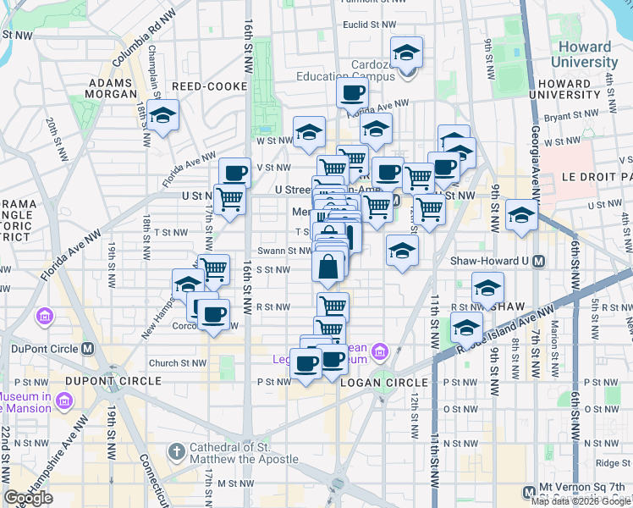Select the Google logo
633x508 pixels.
click(x=29, y=498)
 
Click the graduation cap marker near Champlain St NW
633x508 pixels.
click(x=162, y=115)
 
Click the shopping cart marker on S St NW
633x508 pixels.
click(x=213, y=268)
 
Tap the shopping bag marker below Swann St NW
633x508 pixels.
click(x=328, y=267)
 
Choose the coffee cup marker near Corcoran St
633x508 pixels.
click(x=213, y=314)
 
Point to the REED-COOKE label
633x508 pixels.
click(x=209, y=86)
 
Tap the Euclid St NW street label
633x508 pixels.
click(x=365, y=25)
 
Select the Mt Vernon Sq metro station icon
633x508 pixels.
click(x=530, y=490)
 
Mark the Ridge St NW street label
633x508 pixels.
click(x=612, y=462)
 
